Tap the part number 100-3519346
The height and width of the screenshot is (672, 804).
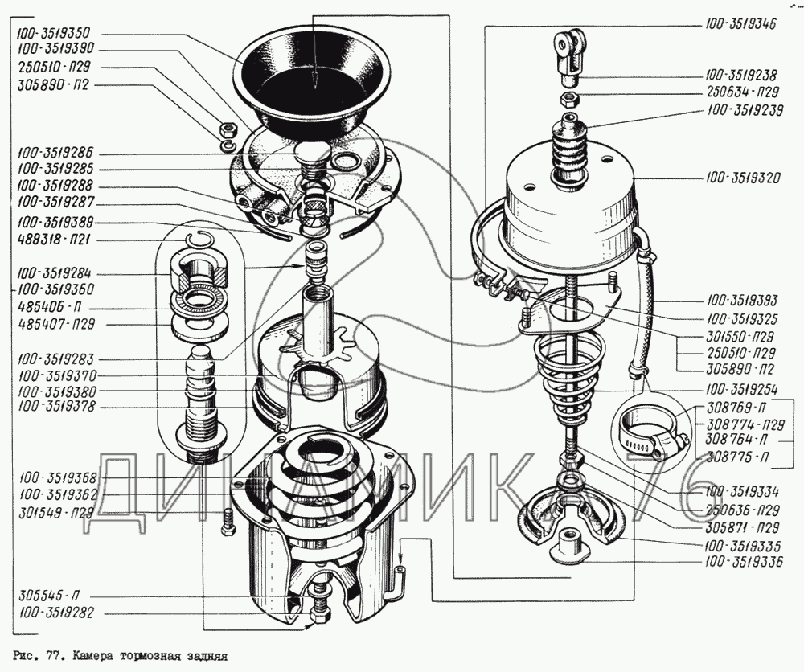(740, 24)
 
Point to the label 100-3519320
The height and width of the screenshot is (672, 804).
(742, 178)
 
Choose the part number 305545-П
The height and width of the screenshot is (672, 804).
(49, 596)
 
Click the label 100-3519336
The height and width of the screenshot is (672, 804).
(744, 562)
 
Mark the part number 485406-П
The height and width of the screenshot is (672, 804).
(49, 307)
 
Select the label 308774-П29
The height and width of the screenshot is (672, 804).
(745, 425)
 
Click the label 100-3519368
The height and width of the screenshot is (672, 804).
(58, 478)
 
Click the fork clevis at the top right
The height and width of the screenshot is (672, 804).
(569, 55)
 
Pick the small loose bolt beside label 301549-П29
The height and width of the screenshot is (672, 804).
(228, 522)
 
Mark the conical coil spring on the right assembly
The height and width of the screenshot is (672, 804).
(563, 379)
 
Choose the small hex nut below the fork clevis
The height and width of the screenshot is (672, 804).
(570, 98)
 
